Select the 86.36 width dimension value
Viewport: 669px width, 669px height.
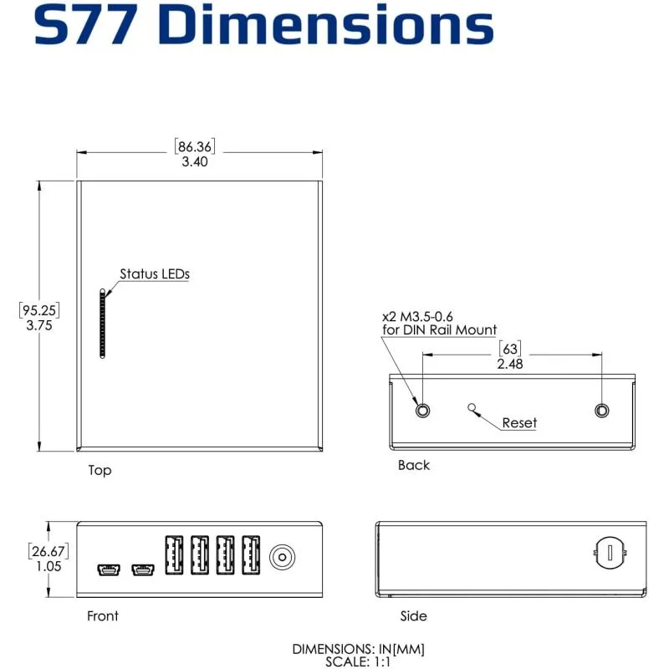click(195, 146)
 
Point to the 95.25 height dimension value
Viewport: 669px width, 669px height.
click(39, 310)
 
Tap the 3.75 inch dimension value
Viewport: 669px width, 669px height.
click(39, 326)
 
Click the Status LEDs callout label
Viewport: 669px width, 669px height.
click(155, 273)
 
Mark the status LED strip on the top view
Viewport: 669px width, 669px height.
click(103, 324)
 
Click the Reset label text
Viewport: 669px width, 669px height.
click(519, 423)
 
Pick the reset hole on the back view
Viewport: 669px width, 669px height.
click(473, 408)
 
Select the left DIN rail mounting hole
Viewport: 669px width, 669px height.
click(423, 410)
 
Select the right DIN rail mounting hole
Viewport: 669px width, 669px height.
click(602, 410)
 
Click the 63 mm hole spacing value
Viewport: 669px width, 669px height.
click(510, 349)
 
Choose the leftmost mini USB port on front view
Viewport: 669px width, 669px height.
click(107, 570)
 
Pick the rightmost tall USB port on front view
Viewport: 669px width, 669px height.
click(251, 554)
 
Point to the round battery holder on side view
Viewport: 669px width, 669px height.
click(610, 553)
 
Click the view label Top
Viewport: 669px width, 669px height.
click(100, 471)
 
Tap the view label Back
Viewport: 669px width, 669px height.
click(413, 466)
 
